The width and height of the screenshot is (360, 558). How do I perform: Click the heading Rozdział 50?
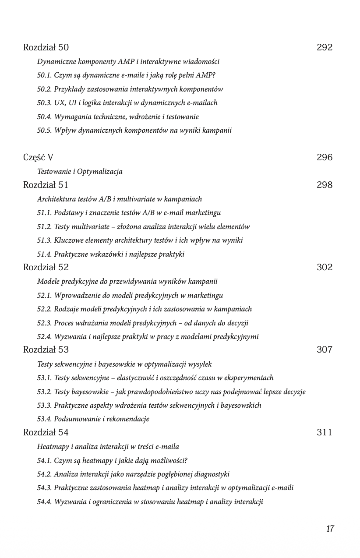point(46,48)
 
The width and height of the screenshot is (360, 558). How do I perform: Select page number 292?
point(325,48)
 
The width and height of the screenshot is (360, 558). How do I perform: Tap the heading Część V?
point(39,158)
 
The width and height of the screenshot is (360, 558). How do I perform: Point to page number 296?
point(325,158)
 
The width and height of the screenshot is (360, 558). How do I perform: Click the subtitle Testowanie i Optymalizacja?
point(80,172)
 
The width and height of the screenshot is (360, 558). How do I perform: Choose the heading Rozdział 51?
point(46,185)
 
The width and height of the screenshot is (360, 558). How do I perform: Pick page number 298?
point(325,185)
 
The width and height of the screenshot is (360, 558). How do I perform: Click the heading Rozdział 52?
point(46,268)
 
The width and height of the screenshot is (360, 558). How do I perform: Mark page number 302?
point(325,268)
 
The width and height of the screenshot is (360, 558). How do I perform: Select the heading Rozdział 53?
point(46,350)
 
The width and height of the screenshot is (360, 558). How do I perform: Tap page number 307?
point(325,350)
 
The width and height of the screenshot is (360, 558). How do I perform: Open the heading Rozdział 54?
point(46,433)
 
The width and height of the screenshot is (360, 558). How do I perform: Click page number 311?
point(325,433)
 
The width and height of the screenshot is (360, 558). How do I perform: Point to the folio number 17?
point(330,529)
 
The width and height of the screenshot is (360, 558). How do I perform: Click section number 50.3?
point(44,103)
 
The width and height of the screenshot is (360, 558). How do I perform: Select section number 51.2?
point(44,227)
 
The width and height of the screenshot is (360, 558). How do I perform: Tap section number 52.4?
point(44,337)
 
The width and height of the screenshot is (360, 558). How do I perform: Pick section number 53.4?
point(44,419)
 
